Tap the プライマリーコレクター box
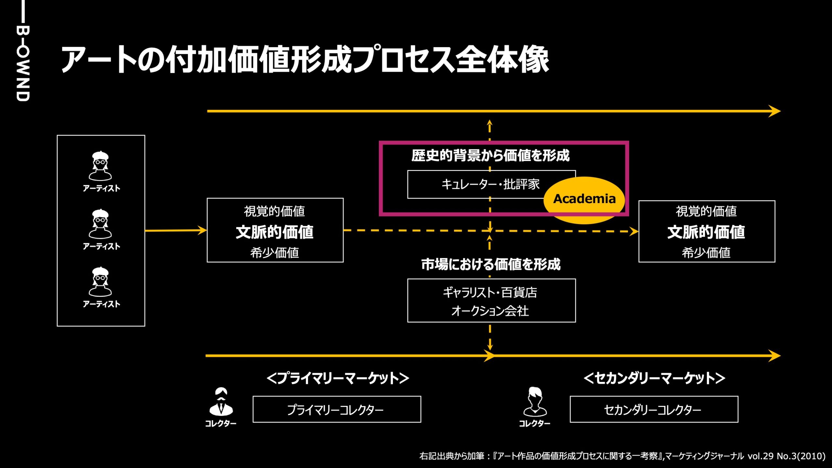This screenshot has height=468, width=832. (x=337, y=409)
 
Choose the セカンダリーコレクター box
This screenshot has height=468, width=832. (x=654, y=409)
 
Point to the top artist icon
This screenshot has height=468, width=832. (x=100, y=166)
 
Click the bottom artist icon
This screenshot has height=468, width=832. (x=100, y=282)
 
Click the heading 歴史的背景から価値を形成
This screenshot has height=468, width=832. (x=490, y=155)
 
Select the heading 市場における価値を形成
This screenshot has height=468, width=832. (x=491, y=264)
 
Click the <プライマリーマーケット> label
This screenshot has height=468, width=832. (x=338, y=378)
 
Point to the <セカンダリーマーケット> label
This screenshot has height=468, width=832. (x=654, y=378)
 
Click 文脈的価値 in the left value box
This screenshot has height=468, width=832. (x=275, y=232)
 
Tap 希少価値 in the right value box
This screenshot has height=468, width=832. (x=706, y=253)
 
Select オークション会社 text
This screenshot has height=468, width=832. (x=490, y=311)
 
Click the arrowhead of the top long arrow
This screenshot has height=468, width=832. (x=775, y=111)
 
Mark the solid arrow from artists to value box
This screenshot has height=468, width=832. (x=175, y=231)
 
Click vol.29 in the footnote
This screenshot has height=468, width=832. (x=760, y=456)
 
